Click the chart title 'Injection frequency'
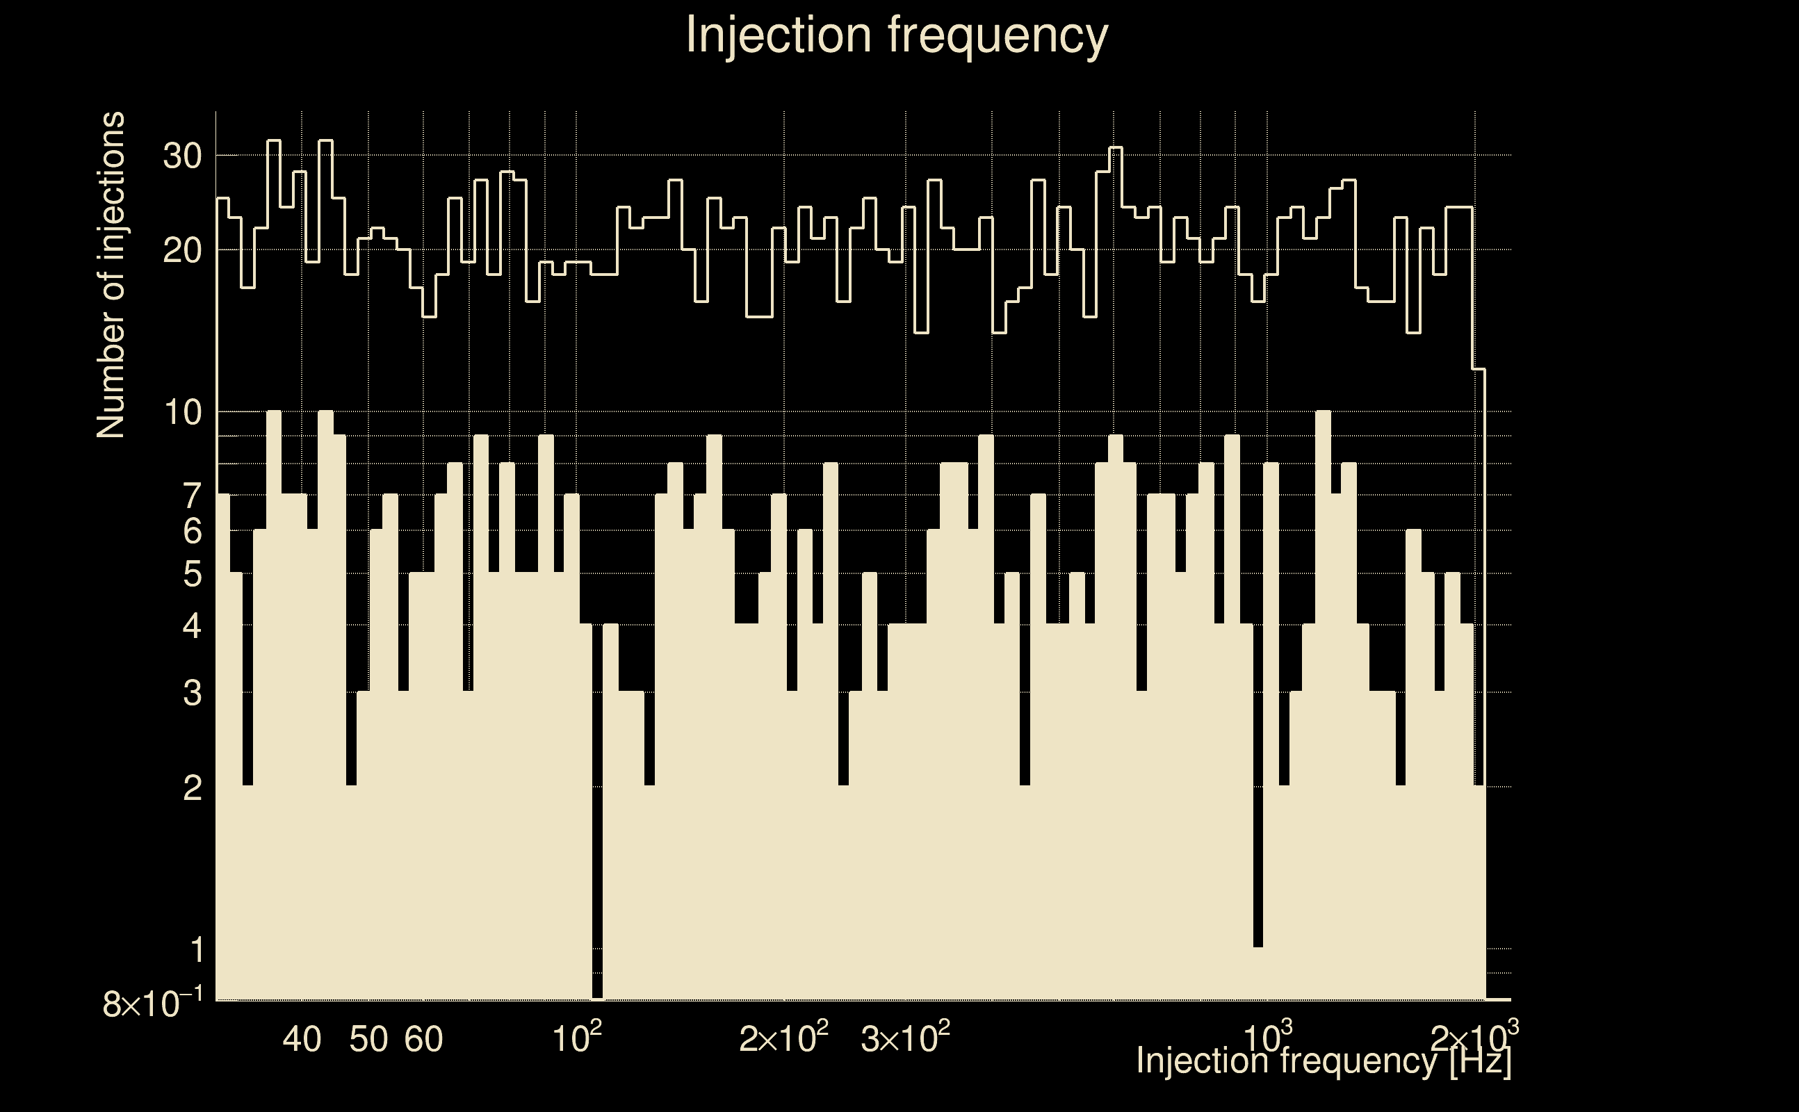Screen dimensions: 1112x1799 point(897,35)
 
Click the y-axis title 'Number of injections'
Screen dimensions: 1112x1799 point(111,275)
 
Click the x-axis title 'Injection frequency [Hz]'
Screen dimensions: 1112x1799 point(1323,1061)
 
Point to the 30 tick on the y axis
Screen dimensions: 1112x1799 point(182,156)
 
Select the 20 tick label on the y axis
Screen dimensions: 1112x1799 point(182,251)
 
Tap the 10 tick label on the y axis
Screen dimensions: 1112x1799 point(182,413)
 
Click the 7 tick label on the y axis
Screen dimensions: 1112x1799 point(192,496)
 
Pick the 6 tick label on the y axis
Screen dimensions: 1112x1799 point(192,530)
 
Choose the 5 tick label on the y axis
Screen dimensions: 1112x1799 point(192,573)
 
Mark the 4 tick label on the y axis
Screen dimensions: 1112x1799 point(192,626)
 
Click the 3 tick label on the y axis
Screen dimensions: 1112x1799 point(192,693)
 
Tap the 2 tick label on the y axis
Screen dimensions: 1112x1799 point(192,787)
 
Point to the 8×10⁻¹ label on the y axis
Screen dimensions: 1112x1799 point(152,1003)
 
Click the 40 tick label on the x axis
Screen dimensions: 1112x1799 point(302,1039)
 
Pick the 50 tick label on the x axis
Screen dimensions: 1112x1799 point(368,1039)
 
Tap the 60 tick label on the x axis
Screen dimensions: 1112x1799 point(423,1039)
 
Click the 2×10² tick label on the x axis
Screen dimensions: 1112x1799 point(783,1038)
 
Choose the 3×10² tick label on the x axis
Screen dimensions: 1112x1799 point(904,1038)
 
